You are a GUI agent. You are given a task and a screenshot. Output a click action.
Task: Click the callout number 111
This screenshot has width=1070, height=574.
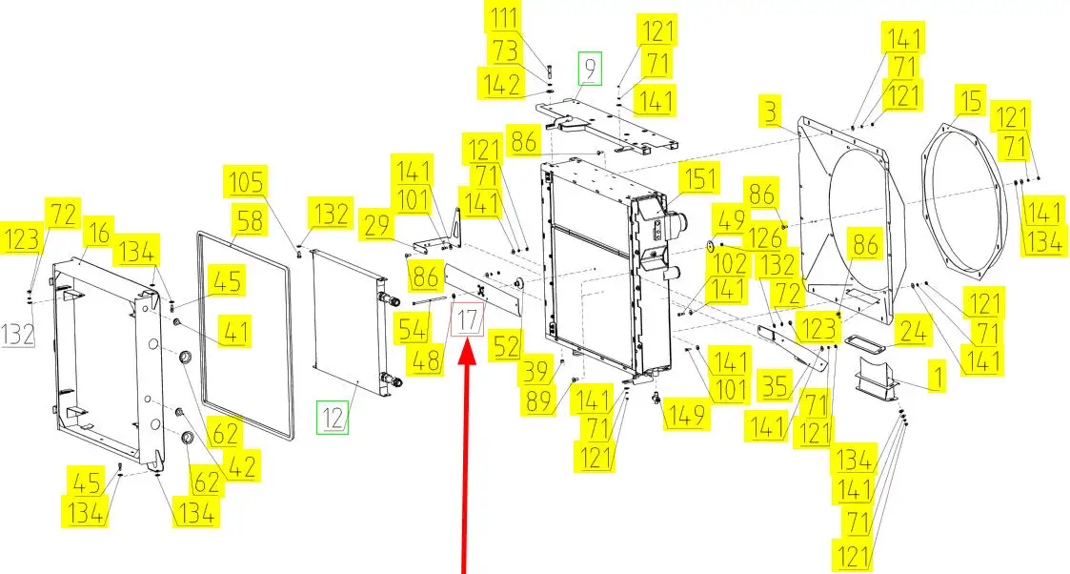point(504,17)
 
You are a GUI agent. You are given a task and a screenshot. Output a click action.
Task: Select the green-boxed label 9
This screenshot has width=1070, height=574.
point(591,69)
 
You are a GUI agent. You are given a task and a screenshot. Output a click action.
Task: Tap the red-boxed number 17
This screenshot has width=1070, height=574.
point(468,320)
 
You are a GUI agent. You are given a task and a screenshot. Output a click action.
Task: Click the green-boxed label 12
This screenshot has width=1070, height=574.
point(333,417)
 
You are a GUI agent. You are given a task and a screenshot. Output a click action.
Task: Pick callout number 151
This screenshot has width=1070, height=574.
point(699,179)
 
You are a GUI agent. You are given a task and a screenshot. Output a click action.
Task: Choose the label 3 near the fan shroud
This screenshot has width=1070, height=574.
point(771,112)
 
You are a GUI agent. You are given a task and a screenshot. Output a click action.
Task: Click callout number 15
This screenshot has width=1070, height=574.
point(971,101)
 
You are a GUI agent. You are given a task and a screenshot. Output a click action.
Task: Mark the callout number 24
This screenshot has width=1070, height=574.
point(913,331)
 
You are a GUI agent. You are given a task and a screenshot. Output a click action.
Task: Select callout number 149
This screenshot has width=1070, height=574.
point(686,414)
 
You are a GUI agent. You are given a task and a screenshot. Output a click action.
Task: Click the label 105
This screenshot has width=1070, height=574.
point(246,182)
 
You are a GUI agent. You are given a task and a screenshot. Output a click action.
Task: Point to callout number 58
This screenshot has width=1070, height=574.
point(249,221)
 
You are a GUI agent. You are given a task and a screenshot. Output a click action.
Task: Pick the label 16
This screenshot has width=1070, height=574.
point(98,234)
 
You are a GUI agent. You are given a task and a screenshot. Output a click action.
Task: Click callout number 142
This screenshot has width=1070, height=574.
point(501,85)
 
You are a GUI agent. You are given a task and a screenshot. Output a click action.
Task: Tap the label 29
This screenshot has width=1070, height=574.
point(376,226)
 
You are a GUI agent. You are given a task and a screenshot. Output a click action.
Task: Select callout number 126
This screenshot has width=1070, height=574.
point(765,238)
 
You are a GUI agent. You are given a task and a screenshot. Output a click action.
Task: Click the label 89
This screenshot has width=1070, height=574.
point(538,400)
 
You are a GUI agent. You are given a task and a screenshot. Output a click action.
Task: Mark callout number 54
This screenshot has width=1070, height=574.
point(413,330)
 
